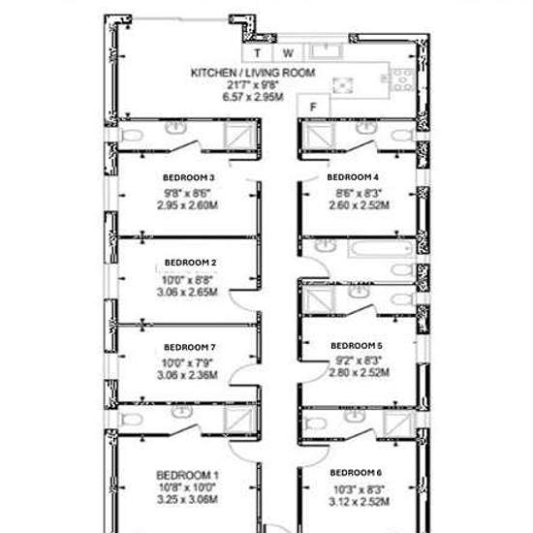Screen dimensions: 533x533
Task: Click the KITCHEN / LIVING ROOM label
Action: coord(253,73)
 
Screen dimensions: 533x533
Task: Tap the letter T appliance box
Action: coord(258,53)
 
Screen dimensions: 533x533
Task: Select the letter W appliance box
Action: coord(288,53)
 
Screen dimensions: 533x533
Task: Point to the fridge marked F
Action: coord(313,107)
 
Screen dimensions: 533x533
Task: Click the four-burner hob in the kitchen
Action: coord(403,80)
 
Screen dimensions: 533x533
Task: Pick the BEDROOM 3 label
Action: coord(188,177)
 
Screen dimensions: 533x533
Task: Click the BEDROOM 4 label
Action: coord(353,177)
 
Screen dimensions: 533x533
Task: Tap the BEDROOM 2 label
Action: coord(190,263)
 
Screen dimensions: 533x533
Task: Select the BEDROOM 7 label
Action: coord(190,347)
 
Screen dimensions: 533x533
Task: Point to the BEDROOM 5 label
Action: coord(357,346)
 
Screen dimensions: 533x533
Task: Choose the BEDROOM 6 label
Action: coord(356,473)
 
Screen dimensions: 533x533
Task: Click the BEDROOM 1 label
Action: coord(187,475)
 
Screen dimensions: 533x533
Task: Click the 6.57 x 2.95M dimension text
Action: coord(253,97)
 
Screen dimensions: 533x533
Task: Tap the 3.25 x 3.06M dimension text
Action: coord(187,499)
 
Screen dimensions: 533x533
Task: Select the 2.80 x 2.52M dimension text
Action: coord(359,372)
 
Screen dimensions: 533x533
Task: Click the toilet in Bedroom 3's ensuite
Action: coord(132,136)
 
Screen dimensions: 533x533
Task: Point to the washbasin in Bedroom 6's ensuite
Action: coord(355,416)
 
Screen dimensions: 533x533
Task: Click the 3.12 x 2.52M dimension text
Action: coord(359,501)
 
